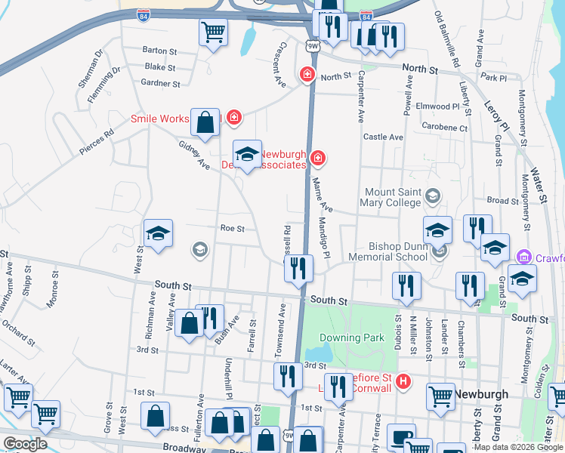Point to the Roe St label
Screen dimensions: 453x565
click(x=233, y=228)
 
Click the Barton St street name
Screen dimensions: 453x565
click(x=159, y=51)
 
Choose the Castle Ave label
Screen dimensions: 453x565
click(x=383, y=137)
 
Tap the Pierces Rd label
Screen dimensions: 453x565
click(x=97, y=141)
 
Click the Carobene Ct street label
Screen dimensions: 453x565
click(x=444, y=128)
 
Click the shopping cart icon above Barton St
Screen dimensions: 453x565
click(x=214, y=32)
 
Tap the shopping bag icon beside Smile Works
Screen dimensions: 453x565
click(x=205, y=122)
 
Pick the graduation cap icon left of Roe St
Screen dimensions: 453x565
click(x=159, y=234)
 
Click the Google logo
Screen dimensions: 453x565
click(x=26, y=443)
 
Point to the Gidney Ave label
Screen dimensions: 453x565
click(x=194, y=154)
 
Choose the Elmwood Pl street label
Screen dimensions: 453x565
click(x=443, y=106)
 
